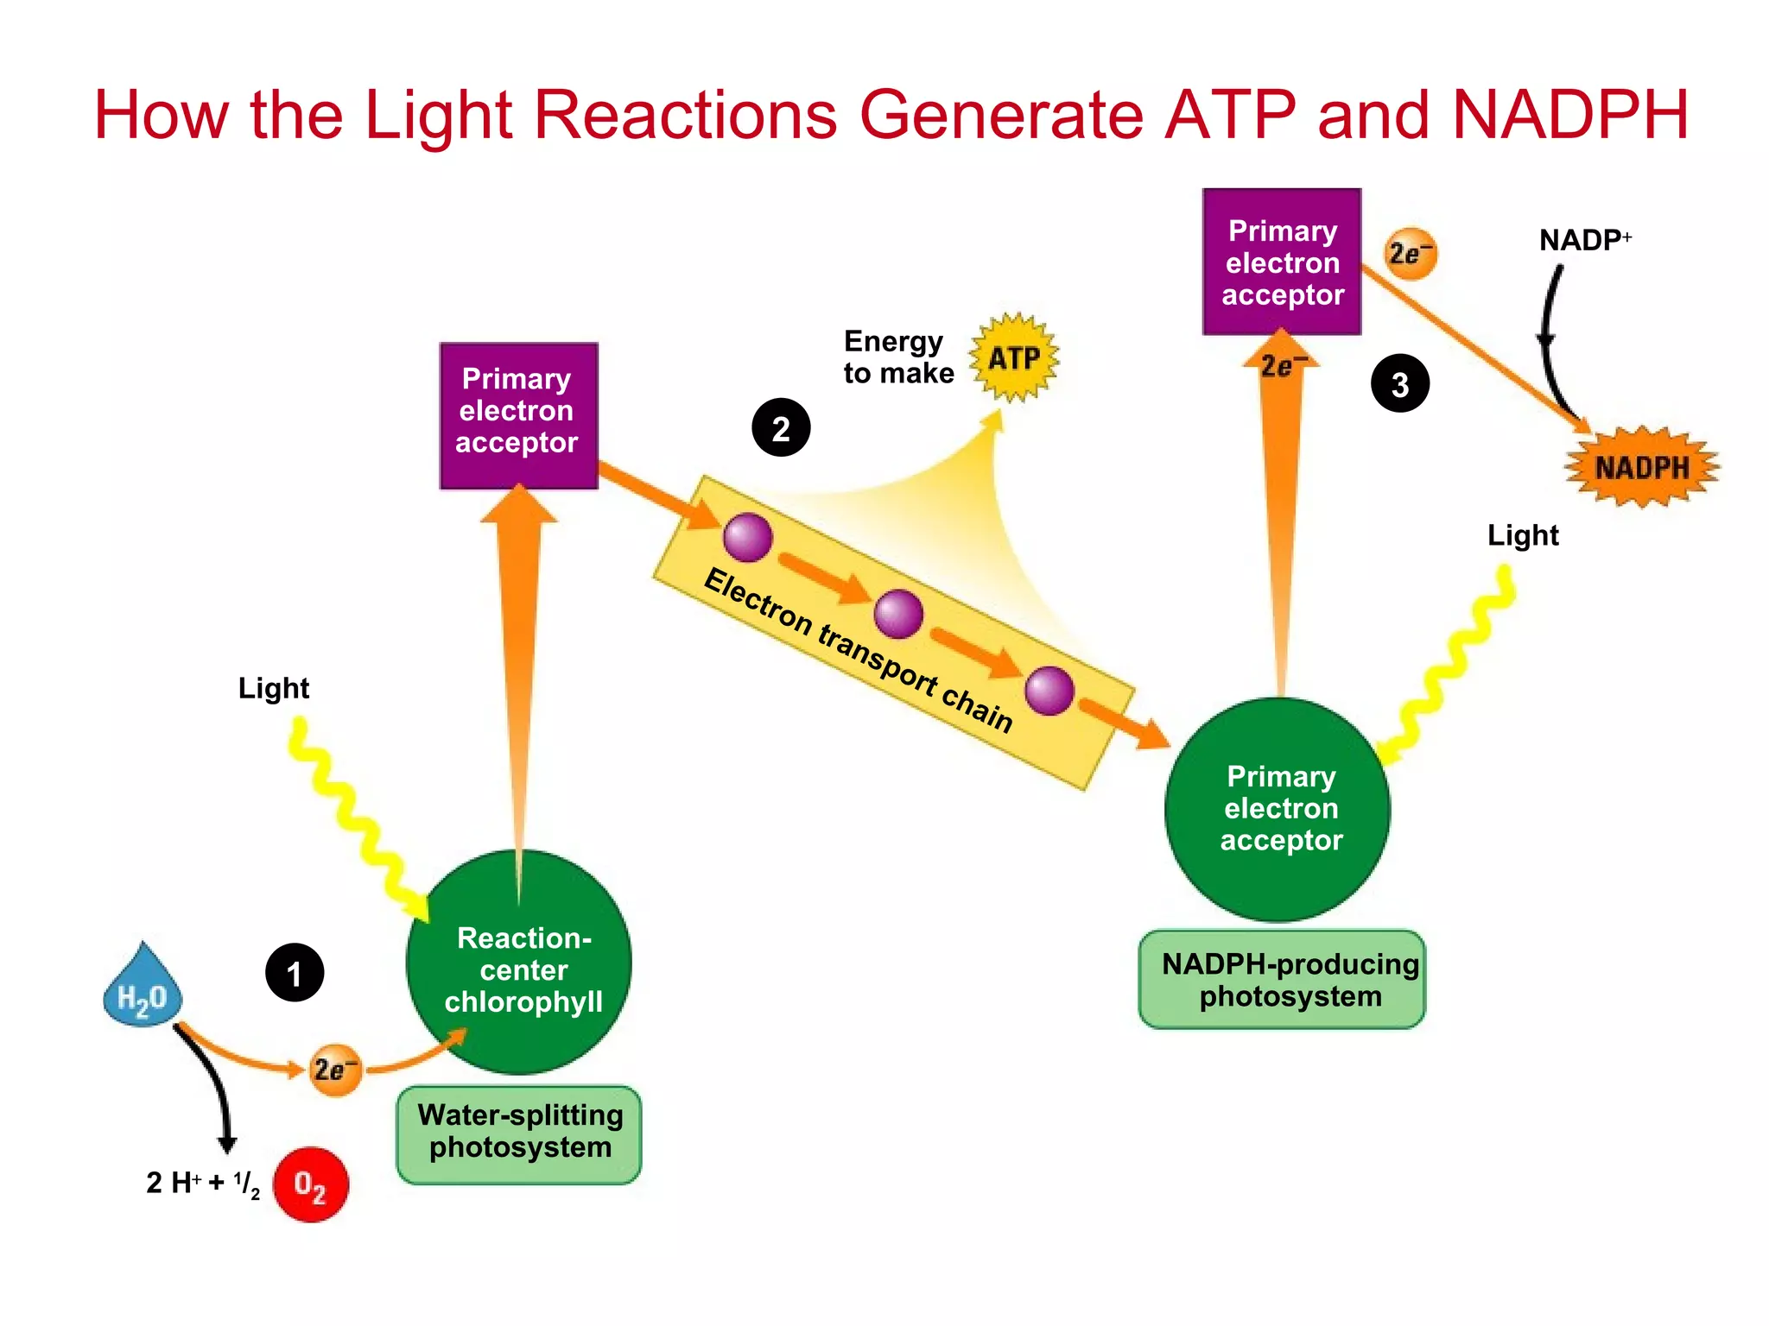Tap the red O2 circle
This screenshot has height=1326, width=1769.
(x=311, y=1184)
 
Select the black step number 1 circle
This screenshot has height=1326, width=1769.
(x=295, y=973)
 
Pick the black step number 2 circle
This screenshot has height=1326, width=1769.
(x=781, y=428)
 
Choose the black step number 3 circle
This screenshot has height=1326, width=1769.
(x=1400, y=383)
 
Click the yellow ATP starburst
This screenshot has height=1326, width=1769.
(x=1014, y=357)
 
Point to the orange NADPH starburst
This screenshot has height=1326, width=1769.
(x=1641, y=467)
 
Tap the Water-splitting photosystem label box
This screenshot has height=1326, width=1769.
(x=519, y=1133)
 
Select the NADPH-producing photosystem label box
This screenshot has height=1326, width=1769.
(x=1283, y=980)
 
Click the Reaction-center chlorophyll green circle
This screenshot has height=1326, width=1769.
(x=519, y=963)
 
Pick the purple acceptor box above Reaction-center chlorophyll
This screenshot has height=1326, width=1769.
(x=518, y=415)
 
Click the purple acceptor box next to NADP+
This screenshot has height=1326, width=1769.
(x=1282, y=262)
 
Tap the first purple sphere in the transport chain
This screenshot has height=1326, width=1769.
(x=747, y=537)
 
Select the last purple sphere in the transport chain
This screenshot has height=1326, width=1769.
(x=1049, y=691)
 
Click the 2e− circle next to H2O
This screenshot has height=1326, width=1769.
(x=335, y=1070)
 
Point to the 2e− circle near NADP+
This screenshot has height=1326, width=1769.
(x=1410, y=254)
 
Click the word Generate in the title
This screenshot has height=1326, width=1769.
(x=1002, y=114)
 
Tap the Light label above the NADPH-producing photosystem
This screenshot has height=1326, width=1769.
(x=1523, y=535)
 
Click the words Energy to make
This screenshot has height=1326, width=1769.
(x=898, y=357)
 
